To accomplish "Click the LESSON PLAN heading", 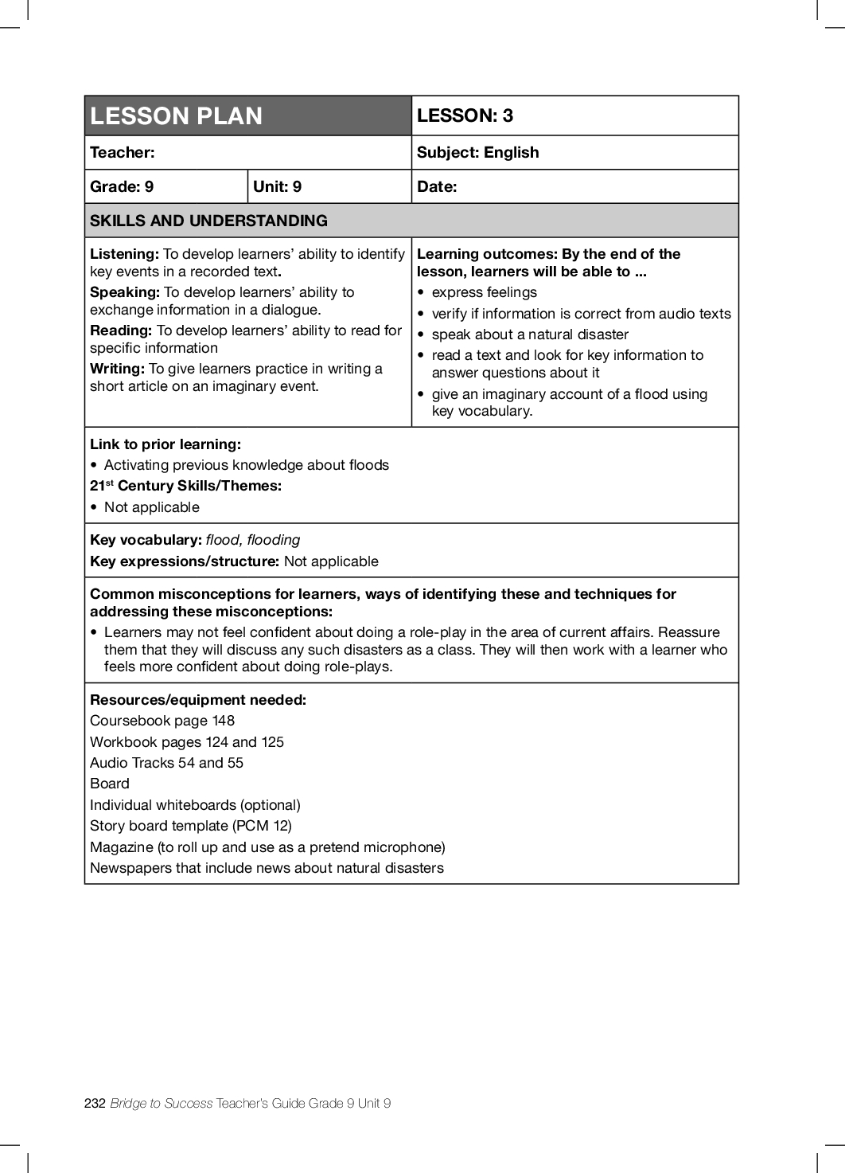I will point(176,116).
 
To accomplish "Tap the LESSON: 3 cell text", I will point(465,115).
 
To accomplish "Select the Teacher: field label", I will point(123,152).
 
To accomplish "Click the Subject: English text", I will point(477,152).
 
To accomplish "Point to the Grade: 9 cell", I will point(122,186).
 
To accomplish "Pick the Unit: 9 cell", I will point(277,186).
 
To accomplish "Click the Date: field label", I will point(437,186).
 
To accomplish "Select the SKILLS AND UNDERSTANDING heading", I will point(208,221).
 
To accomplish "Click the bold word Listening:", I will point(125,254).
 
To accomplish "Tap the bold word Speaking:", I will point(125,292).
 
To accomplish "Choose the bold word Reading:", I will point(121,330).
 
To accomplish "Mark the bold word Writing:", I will point(117,369).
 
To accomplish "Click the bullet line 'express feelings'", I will point(484,292).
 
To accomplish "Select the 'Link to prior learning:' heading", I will point(165,444).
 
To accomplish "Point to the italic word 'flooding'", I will point(274,540).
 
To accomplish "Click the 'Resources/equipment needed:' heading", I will point(198,700).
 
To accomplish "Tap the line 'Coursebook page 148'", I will point(162,721).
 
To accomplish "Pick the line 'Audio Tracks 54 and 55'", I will point(166,763).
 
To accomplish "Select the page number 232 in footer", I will point(95,1103).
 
